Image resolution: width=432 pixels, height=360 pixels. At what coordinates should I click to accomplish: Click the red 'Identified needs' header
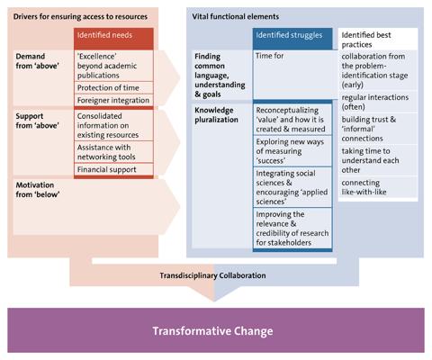pyautogui.click(x=113, y=39)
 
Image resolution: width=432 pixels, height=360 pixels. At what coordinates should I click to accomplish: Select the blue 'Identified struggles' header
pyautogui.click(x=292, y=39)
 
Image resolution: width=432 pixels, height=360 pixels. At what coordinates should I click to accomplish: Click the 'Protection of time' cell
pyautogui.click(x=113, y=87)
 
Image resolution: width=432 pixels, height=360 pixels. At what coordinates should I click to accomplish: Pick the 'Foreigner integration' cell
pyautogui.click(x=113, y=100)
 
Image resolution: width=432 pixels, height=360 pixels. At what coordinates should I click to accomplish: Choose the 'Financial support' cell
pyautogui.click(x=113, y=169)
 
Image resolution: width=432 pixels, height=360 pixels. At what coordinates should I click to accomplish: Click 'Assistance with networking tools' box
pyautogui.click(x=113, y=152)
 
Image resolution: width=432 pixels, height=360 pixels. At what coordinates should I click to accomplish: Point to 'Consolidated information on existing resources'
pyautogui.click(x=113, y=125)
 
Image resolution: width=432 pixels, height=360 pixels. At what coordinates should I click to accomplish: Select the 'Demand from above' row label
pyautogui.click(x=38, y=61)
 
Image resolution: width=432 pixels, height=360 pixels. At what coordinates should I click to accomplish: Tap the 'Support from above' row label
pyautogui.click(x=38, y=121)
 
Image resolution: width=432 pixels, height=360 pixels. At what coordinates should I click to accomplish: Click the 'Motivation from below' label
pyautogui.click(x=38, y=190)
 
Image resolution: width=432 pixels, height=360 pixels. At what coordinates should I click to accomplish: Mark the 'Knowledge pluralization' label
pyautogui.click(x=216, y=115)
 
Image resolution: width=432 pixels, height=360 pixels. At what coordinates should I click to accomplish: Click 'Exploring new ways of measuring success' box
pyautogui.click(x=292, y=151)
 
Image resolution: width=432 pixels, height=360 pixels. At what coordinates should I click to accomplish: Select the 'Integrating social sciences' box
pyautogui.click(x=292, y=187)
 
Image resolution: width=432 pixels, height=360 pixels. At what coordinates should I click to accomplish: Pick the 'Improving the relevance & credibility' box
pyautogui.click(x=292, y=229)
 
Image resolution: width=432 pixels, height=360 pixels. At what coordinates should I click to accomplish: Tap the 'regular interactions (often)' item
pyautogui.click(x=375, y=102)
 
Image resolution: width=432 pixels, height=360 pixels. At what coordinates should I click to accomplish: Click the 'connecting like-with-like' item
pyautogui.click(x=364, y=187)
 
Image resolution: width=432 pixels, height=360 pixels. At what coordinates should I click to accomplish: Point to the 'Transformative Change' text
pyautogui.click(x=212, y=331)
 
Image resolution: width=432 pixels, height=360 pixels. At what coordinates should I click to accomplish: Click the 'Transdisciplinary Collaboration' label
pyautogui.click(x=212, y=275)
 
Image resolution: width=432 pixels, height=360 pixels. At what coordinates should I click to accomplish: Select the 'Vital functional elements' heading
pyautogui.click(x=236, y=16)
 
